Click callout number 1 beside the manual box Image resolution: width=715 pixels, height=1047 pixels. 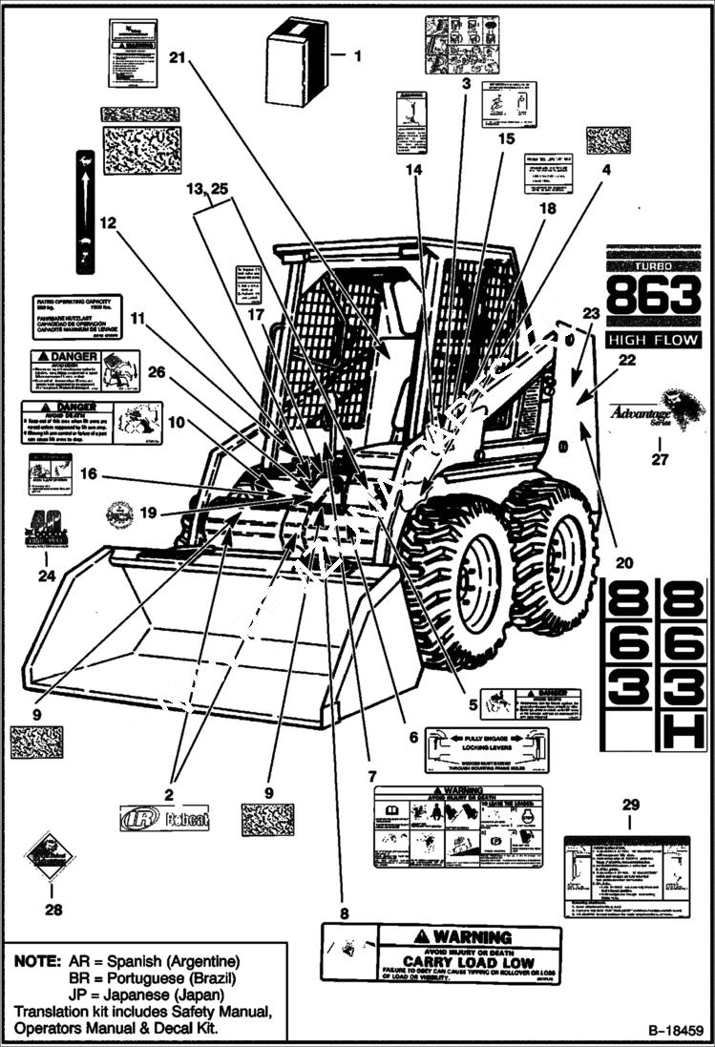click(357, 56)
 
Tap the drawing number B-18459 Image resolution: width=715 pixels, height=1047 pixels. click(675, 1031)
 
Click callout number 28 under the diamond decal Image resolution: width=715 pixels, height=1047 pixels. click(53, 910)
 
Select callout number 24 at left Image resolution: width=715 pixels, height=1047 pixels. click(46, 576)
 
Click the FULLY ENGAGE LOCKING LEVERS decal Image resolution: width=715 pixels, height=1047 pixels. click(486, 749)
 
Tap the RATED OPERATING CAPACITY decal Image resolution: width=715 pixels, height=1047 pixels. click(76, 317)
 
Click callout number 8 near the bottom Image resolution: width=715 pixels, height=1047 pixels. click(345, 911)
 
